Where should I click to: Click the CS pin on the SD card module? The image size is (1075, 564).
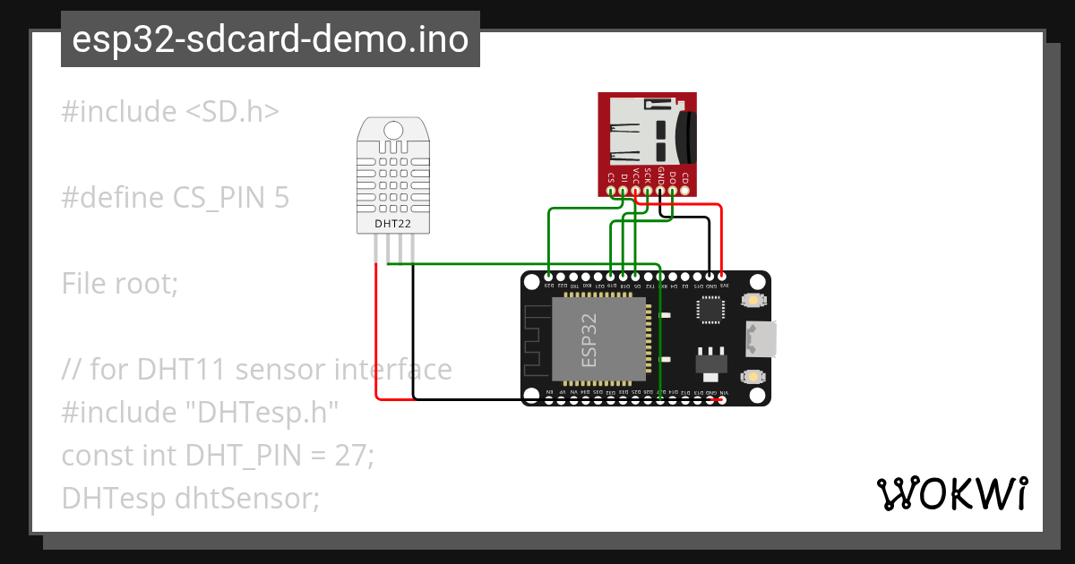click(x=611, y=189)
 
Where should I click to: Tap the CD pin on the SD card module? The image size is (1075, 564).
click(x=684, y=189)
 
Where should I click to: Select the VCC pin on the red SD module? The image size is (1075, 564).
click(x=635, y=189)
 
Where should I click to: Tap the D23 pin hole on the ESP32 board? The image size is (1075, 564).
click(x=549, y=277)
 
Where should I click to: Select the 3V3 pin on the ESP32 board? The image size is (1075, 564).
click(x=723, y=277)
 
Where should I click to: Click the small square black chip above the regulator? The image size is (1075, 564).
click(x=710, y=309)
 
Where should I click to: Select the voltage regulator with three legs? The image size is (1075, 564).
click(x=710, y=360)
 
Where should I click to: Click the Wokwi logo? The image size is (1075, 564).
click(x=950, y=493)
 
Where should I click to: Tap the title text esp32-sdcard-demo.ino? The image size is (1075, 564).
click(x=270, y=39)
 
